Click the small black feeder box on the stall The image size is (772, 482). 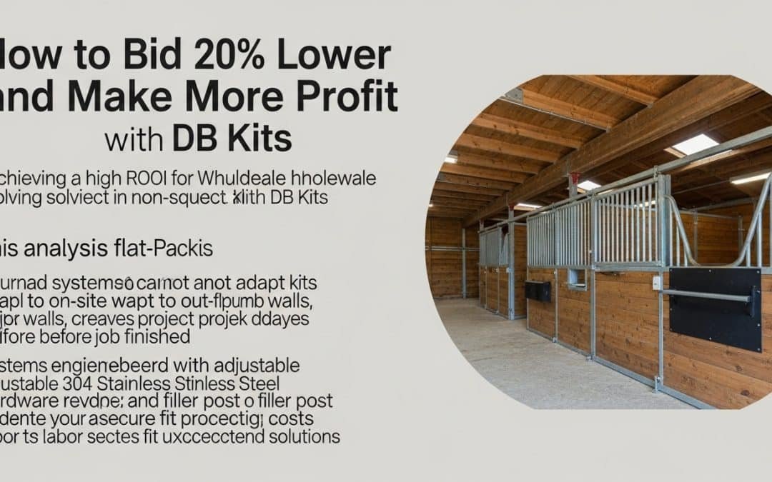tap(538, 291)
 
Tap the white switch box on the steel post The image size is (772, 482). tap(656, 283)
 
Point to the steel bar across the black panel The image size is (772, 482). tap(704, 294)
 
